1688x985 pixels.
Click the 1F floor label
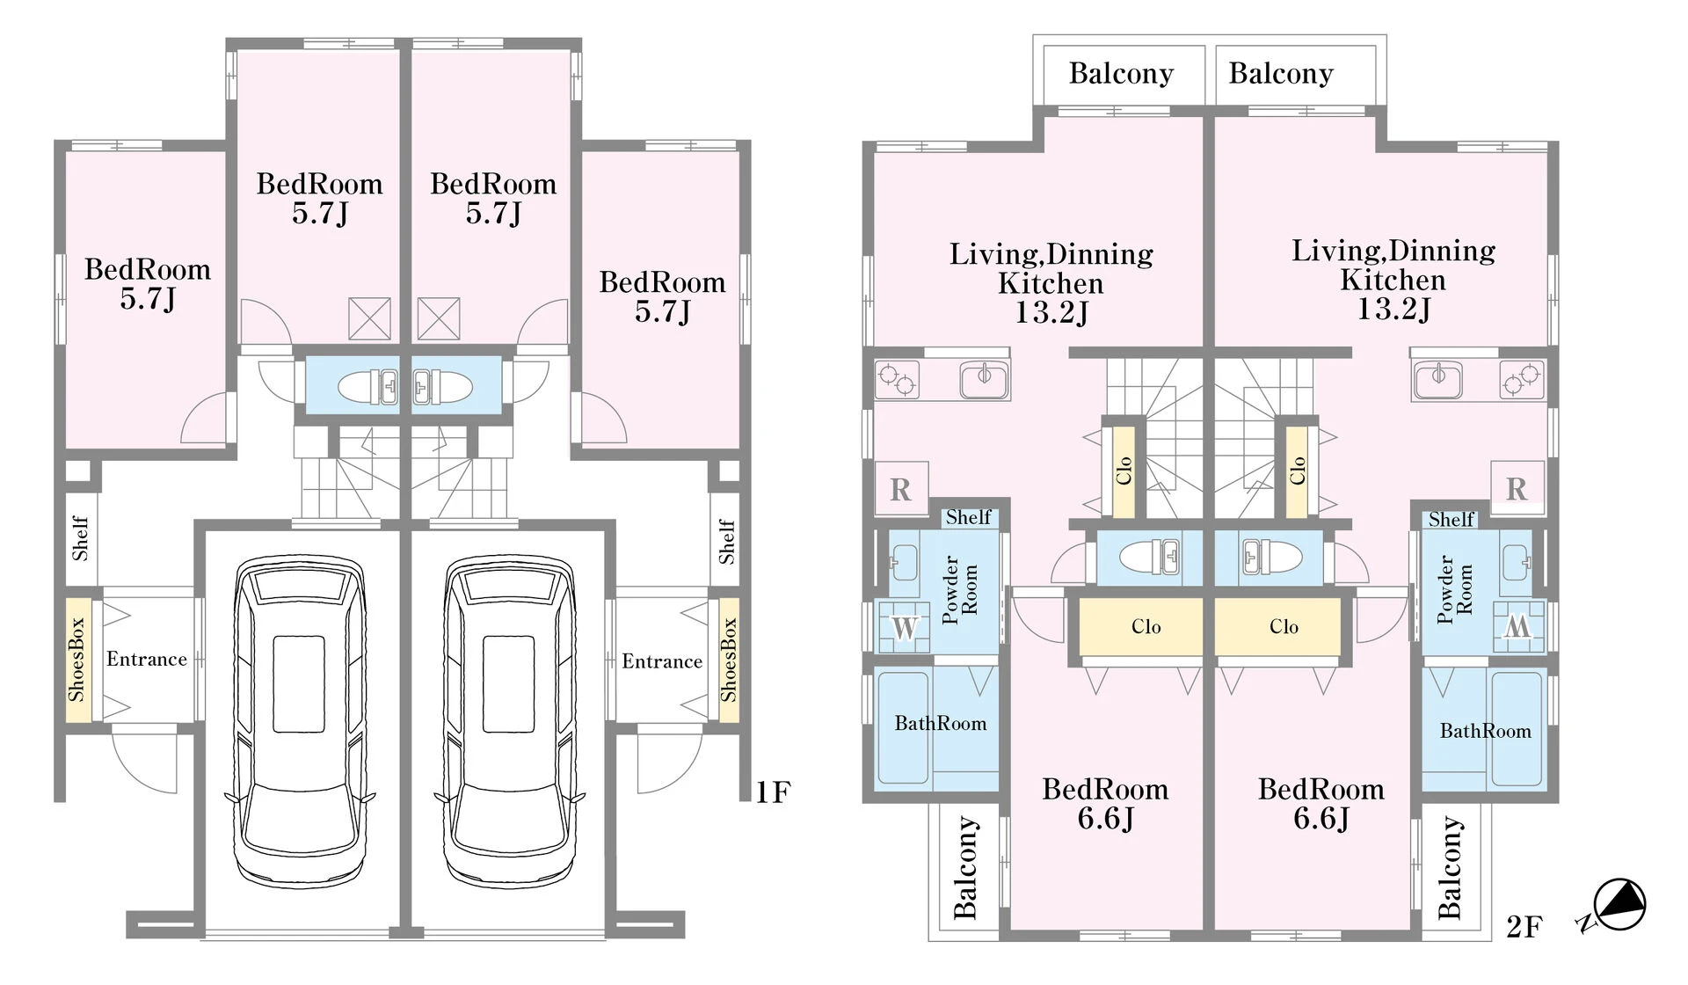tap(773, 792)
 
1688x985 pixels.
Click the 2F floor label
tap(1524, 926)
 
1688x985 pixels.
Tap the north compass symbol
tap(1614, 907)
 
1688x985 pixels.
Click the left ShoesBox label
tap(76, 660)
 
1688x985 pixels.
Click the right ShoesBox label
tap(729, 660)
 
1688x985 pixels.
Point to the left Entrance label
tap(147, 659)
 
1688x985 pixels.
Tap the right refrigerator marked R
tap(1517, 488)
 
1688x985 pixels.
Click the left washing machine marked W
tap(904, 628)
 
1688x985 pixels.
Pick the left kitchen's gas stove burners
tap(898, 380)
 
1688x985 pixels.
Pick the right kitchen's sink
tap(1438, 379)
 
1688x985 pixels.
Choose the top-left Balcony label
tap(1121, 73)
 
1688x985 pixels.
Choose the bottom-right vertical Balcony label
tap(1451, 867)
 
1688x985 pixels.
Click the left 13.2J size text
tap(1051, 312)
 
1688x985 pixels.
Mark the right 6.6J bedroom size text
tap(1321, 818)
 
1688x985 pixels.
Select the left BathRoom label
tap(941, 723)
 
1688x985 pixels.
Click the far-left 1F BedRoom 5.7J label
tap(148, 283)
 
